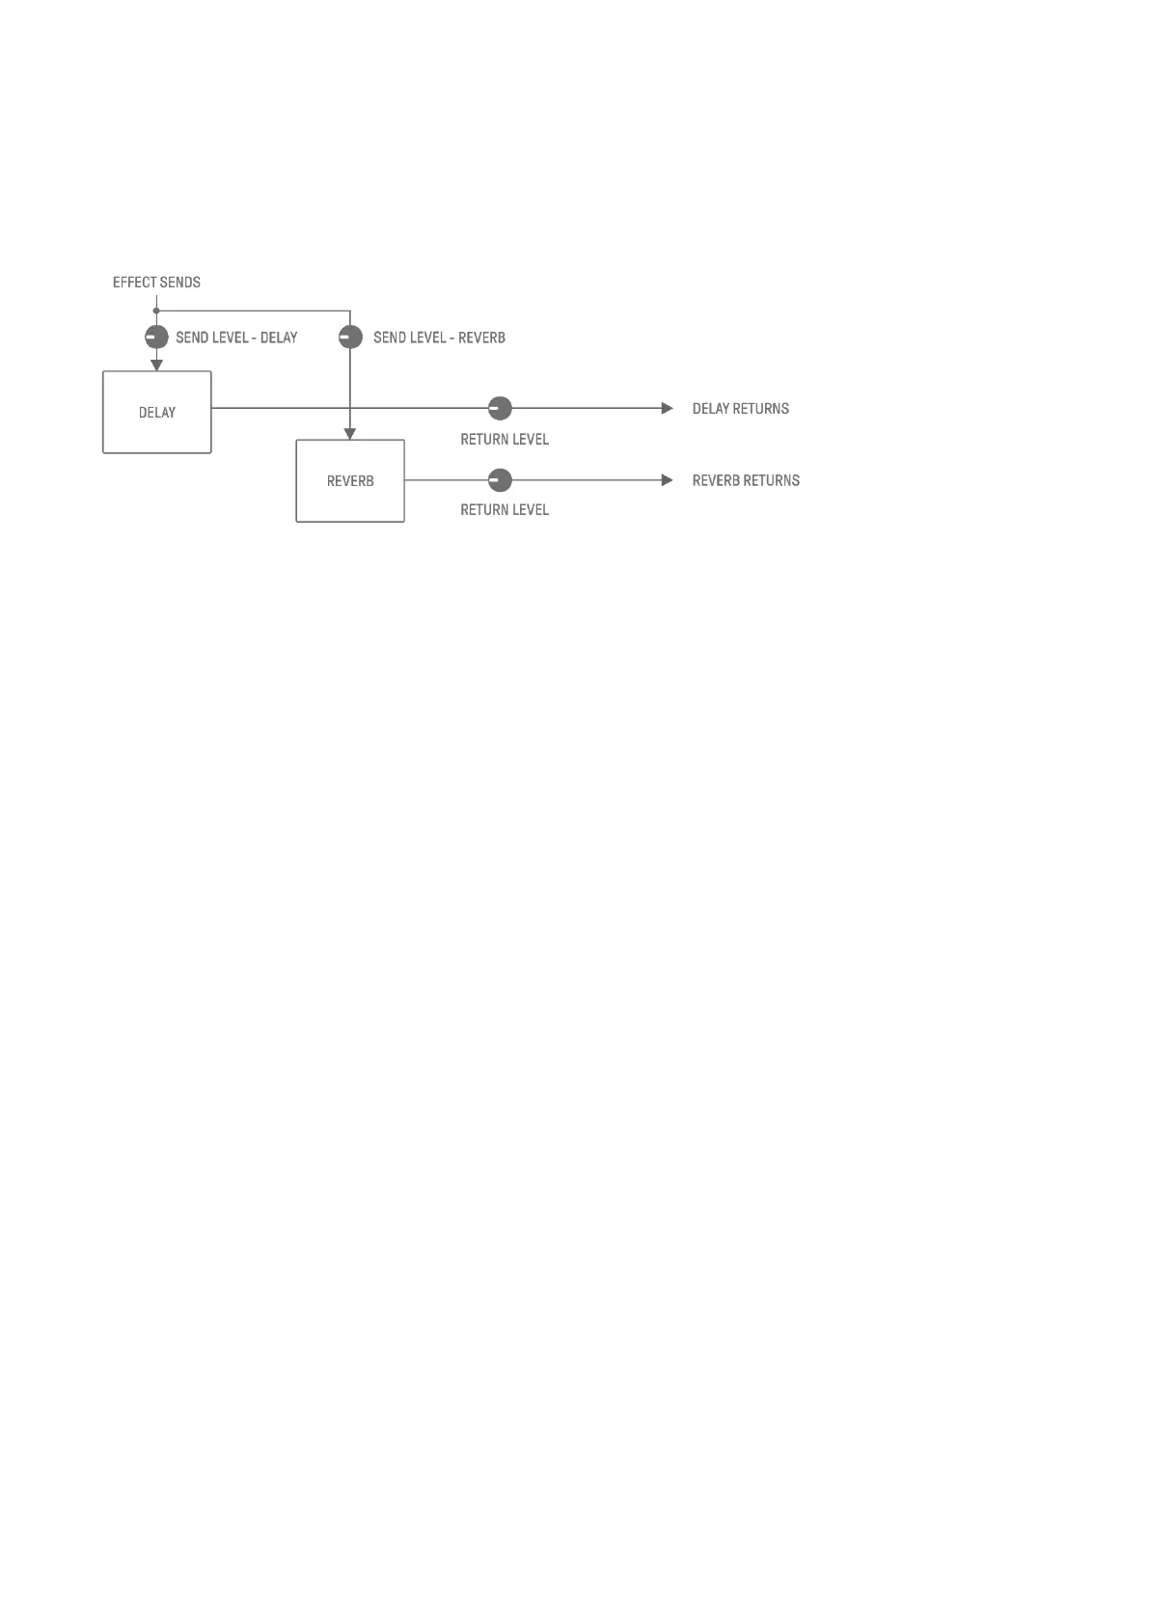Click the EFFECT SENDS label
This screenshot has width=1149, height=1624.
(x=156, y=283)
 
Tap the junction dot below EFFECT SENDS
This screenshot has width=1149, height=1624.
(x=156, y=311)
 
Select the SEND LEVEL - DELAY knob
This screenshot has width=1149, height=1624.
(x=156, y=338)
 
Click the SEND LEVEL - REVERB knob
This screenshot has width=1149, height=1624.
(x=350, y=338)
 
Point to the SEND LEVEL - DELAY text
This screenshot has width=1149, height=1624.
(x=236, y=338)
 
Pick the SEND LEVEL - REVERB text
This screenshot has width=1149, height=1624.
(x=439, y=338)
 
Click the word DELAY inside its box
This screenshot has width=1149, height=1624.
(x=157, y=413)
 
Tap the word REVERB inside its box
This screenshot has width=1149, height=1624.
(x=350, y=481)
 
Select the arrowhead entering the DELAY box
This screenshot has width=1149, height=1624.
(x=156, y=365)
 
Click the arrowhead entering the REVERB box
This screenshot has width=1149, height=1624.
(x=350, y=434)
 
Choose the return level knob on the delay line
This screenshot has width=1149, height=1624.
(x=500, y=408)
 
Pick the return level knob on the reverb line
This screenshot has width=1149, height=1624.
(x=500, y=479)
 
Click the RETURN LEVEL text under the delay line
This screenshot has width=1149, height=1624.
(x=505, y=440)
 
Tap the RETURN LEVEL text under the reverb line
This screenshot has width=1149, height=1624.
(x=505, y=510)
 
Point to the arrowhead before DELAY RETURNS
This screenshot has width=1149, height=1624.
(x=667, y=408)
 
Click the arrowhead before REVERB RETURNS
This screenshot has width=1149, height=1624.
(x=667, y=480)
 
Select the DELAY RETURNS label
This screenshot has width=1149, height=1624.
(x=740, y=409)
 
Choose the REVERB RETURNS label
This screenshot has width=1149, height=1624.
(x=746, y=480)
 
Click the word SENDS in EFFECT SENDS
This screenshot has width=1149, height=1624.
(x=179, y=283)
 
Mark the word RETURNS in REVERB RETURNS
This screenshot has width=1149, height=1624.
(x=772, y=480)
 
